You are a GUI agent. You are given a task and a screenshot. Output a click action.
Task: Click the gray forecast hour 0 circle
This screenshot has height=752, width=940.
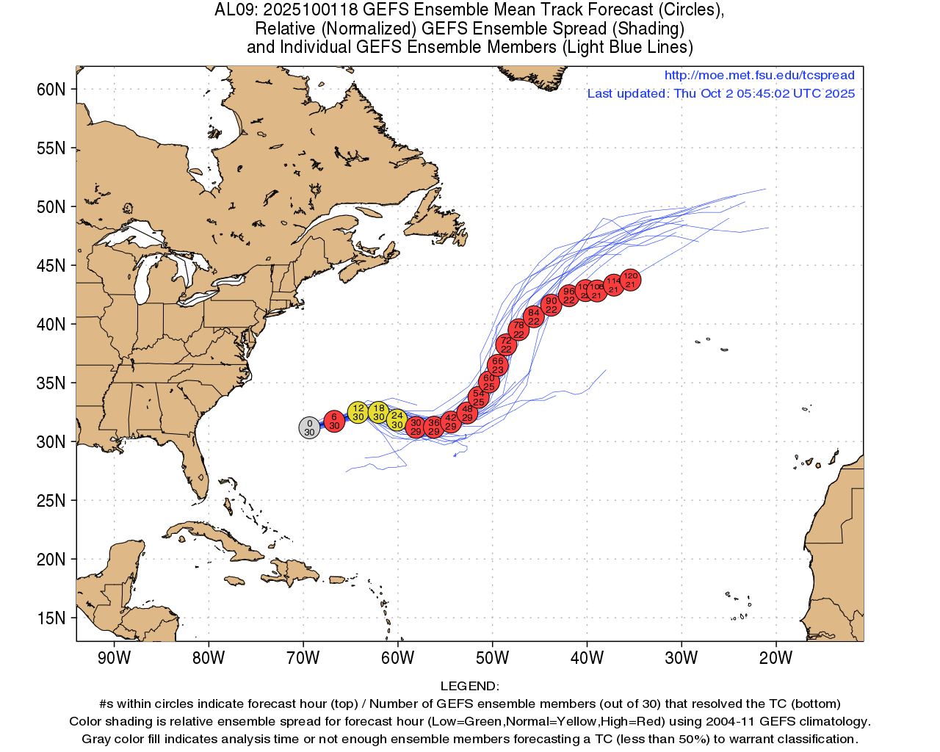[309, 427]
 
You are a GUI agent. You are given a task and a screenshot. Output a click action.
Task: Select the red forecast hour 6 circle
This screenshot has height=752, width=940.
[334, 421]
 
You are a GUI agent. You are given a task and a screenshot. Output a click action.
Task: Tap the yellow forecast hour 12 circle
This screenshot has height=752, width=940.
[358, 412]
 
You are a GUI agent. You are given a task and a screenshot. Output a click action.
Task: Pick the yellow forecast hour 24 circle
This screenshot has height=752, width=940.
[397, 420]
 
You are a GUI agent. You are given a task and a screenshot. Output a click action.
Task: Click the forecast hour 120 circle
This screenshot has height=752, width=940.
[630, 280]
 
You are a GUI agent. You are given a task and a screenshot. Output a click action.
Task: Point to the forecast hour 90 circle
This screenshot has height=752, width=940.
[551, 305]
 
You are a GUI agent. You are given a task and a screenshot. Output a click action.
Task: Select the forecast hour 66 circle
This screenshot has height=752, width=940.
[498, 365]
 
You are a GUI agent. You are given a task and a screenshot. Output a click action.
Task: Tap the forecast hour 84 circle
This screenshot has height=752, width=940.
[534, 317]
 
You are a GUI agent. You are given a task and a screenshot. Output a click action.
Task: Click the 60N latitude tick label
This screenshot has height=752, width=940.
[51, 90]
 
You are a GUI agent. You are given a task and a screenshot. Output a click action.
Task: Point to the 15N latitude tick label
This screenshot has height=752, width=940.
[51, 618]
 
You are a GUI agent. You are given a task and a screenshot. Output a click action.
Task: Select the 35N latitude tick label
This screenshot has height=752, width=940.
[51, 383]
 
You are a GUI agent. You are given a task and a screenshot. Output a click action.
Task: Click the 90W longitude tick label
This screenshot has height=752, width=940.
[114, 658]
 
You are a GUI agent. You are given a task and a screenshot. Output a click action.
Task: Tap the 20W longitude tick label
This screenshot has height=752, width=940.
[775, 658]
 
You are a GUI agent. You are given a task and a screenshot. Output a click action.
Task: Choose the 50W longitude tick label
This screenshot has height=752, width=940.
[492, 658]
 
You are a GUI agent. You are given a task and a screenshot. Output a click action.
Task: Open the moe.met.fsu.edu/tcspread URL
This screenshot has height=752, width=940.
[759, 75]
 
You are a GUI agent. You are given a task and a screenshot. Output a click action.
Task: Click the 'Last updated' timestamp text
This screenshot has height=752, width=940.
[720, 93]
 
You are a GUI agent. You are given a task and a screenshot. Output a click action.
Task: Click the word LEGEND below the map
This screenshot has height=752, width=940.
[469, 686]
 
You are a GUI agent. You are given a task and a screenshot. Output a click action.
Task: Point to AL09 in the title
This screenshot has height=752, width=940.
[234, 10]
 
